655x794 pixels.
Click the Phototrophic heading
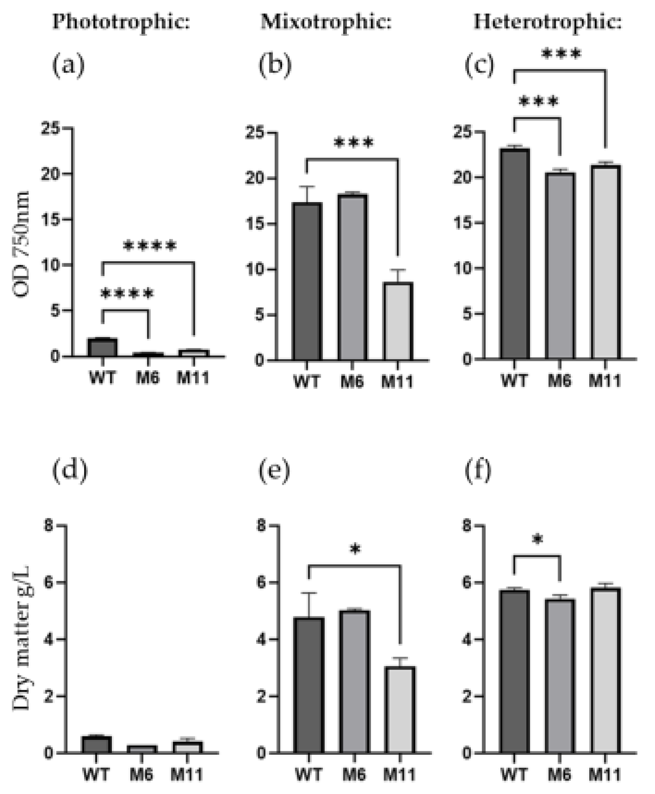pos(121,22)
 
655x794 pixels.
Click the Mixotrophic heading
pos(326,22)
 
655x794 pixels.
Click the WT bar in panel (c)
pos(515,253)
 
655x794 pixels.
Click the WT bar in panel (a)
pos(102,347)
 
